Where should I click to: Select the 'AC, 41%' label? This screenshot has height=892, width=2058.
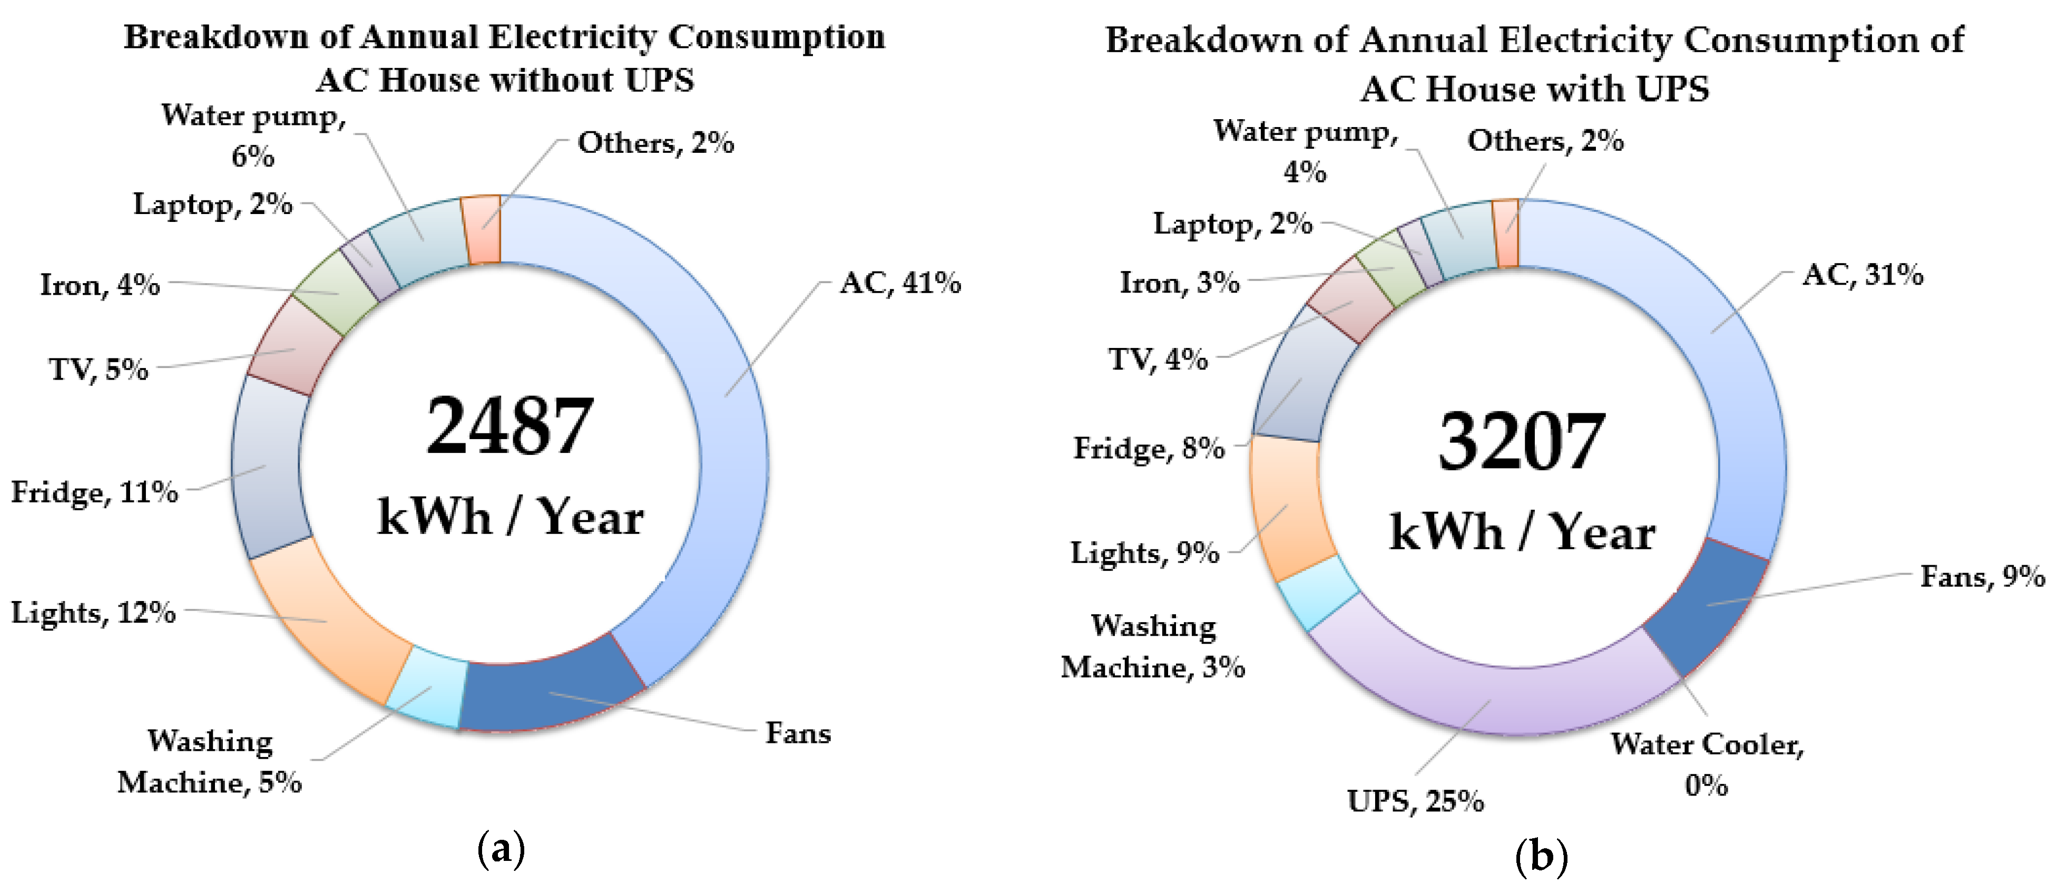pos(899,283)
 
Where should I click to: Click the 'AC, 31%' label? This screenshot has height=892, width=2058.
pos(1863,275)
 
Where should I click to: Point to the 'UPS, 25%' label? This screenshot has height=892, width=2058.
pos(1415,801)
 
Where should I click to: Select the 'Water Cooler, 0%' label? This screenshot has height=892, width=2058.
pos(1707,764)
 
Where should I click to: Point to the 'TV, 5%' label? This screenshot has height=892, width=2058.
pos(99,369)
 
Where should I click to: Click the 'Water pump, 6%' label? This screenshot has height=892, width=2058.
pos(253,134)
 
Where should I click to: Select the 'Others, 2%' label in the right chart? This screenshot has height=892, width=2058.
pos(1545,141)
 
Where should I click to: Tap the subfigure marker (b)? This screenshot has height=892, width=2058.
pos(1541,857)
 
